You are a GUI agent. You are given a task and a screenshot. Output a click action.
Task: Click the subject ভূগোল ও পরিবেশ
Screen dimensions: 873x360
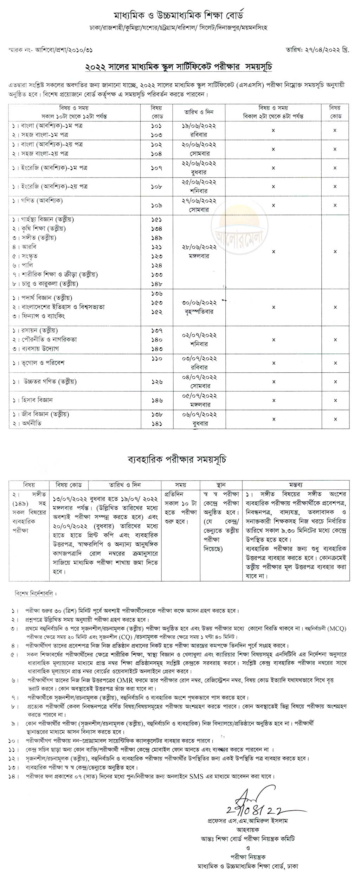click(x=39, y=363)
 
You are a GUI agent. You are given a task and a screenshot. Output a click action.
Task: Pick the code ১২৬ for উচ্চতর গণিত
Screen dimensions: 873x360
click(x=156, y=381)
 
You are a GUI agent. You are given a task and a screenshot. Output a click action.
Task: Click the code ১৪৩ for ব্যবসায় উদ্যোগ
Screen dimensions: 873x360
click(x=156, y=348)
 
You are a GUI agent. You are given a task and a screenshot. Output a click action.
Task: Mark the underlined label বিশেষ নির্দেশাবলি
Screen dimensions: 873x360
click(x=35, y=593)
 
